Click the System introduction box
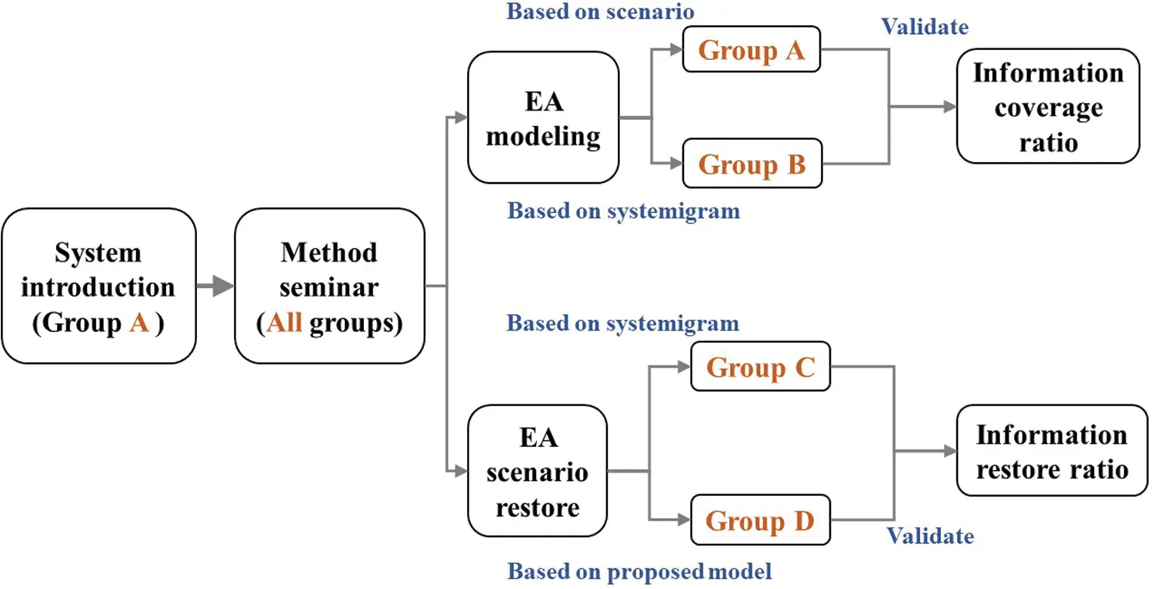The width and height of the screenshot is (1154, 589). [98, 286]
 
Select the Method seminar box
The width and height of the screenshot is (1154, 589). [329, 286]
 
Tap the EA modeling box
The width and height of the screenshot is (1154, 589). [543, 117]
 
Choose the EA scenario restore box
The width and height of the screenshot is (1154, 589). [537, 471]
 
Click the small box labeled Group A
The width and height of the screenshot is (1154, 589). [752, 50]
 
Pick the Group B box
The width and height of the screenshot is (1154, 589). [752, 164]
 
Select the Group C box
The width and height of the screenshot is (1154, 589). [760, 368]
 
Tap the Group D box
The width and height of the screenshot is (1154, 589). [760, 521]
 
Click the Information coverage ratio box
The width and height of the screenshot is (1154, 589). [1047, 106]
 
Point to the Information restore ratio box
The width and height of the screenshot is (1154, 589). [1051, 451]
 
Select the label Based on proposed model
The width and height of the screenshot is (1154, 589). [639, 571]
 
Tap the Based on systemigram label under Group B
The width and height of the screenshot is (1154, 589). [623, 211]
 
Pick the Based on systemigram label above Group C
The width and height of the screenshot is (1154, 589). [622, 323]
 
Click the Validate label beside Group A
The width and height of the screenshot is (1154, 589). [925, 27]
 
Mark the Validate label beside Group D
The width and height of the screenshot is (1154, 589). [930, 535]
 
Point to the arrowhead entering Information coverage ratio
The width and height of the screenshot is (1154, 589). [949, 107]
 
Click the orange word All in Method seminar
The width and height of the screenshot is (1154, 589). [284, 323]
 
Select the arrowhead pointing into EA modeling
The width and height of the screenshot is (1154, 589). [461, 117]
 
